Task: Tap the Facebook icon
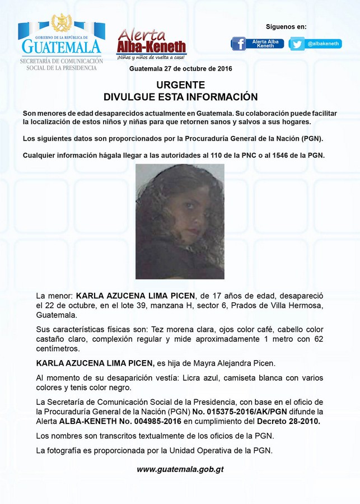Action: click(239, 44)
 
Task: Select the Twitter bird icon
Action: click(297, 44)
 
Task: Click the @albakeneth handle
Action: click(324, 44)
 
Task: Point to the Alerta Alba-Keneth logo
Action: click(151, 44)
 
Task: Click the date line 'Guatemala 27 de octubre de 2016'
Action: click(180, 68)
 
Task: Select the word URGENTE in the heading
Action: click(180, 85)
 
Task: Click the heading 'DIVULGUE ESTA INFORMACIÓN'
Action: click(180, 96)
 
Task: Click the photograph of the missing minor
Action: click(180, 221)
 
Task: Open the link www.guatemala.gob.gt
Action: click(180, 469)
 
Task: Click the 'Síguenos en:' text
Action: click(286, 27)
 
